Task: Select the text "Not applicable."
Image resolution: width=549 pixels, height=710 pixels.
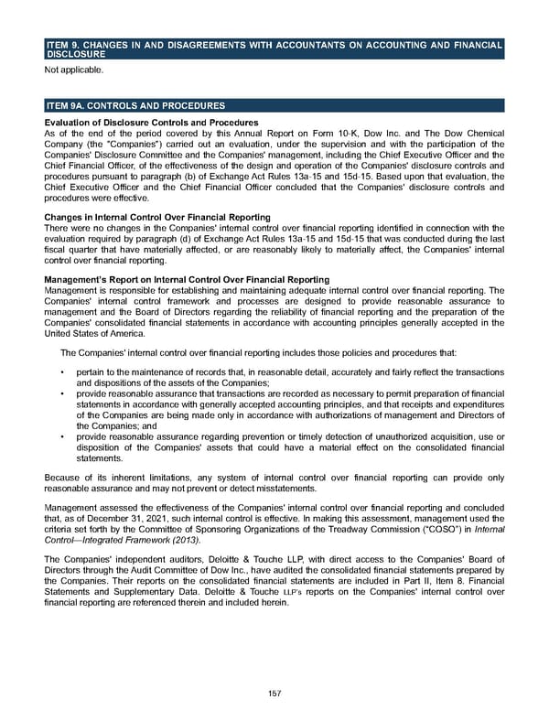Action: [74, 70]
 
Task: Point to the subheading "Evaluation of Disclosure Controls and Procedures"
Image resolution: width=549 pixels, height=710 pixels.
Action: [151, 123]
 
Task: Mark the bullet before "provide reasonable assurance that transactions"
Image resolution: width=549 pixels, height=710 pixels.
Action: [60, 394]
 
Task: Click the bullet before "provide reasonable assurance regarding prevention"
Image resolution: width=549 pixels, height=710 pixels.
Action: [60, 436]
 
